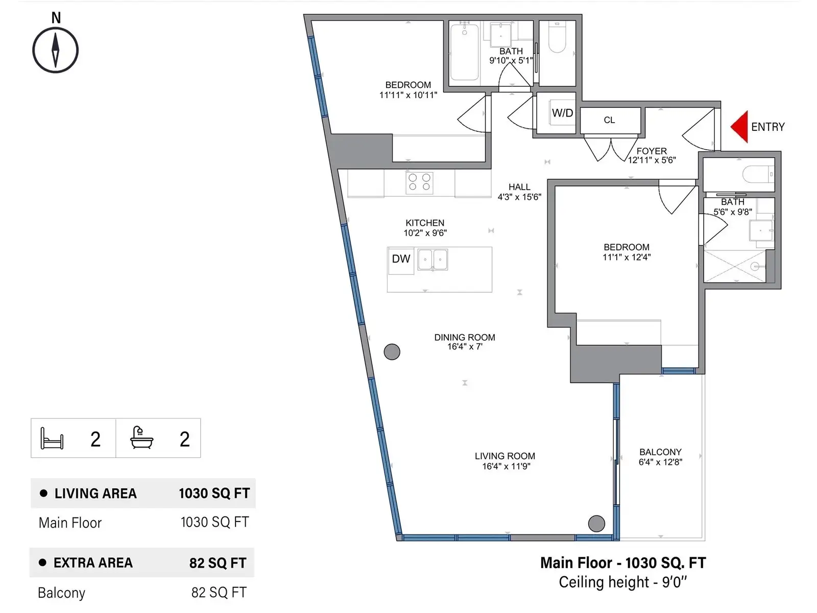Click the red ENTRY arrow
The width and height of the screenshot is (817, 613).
pos(740,127)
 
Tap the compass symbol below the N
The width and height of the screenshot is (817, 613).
pos(56,50)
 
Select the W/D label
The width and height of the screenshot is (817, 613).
pos(562,113)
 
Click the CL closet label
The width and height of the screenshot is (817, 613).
pos(609,120)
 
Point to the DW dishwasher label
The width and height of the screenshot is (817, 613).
pos(401,258)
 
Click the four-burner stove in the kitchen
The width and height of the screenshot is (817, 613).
pos(420,183)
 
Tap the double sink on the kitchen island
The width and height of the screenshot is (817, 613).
pos(432,260)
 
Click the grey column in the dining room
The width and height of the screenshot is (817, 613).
pos(392,352)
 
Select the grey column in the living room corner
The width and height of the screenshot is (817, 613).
pos(596,524)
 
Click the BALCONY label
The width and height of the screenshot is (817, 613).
pos(660,452)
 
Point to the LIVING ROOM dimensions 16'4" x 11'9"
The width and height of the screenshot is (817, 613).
pos(506,466)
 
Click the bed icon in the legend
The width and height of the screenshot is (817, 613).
pos(52,438)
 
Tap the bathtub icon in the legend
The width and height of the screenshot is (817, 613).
pos(141,437)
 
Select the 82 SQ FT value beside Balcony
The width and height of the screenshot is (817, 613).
pos(219,592)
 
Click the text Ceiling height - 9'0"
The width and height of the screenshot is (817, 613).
pos(622,582)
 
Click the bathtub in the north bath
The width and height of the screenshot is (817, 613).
pos(464,52)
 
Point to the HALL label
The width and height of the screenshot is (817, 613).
pos(519,187)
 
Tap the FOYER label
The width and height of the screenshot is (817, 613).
pos(652,151)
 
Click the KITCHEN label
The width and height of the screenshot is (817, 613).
pos(425,223)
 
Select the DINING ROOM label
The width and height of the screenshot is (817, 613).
pos(465,337)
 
